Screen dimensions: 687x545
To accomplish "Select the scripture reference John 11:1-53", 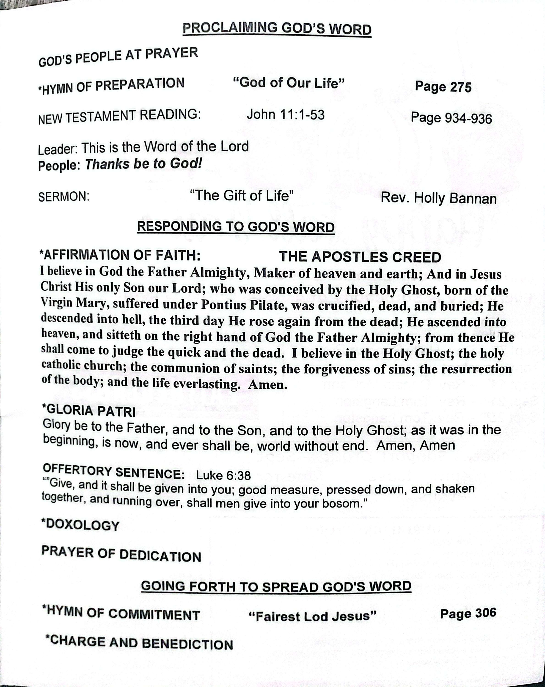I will [285, 115].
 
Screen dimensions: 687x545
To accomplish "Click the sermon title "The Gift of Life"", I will [241, 195].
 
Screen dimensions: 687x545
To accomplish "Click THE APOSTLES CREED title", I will [360, 257].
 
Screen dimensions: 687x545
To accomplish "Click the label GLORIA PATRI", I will [89, 410].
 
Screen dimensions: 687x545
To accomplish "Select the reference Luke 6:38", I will [223, 475].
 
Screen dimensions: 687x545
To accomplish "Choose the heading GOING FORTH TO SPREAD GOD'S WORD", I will [276, 586].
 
